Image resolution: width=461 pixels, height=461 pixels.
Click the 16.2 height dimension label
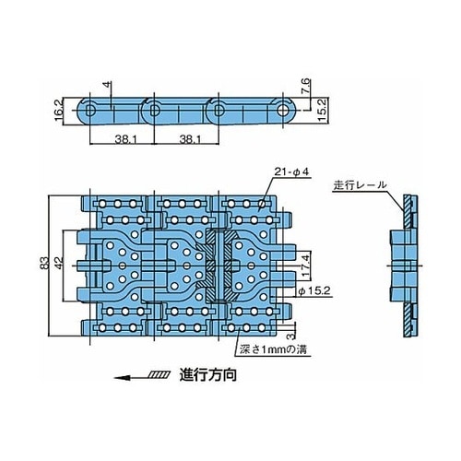(59, 110)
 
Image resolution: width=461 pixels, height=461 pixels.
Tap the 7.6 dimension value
(307, 88)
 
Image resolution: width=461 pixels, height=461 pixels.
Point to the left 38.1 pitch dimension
(125, 140)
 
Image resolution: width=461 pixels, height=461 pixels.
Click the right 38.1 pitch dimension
(190, 140)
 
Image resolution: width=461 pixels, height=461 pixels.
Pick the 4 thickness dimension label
(107, 84)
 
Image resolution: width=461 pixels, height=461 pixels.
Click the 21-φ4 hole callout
(291, 172)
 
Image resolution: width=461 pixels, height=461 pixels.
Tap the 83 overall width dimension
(44, 263)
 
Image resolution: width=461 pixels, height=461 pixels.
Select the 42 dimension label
(59, 263)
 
